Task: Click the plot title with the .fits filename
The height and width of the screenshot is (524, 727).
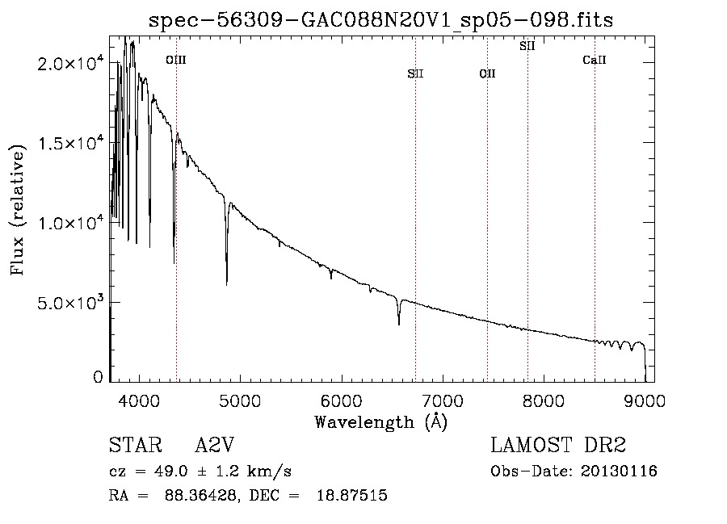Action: coord(381,20)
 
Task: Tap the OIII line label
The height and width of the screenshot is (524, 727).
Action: coord(175,60)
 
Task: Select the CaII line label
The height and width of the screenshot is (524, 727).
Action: coord(594,60)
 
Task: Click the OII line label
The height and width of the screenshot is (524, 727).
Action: coord(487,73)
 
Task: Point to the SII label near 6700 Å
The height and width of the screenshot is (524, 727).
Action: coord(415,73)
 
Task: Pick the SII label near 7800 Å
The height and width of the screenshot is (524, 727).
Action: coord(527,46)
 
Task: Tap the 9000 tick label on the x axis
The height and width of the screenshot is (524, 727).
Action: coord(645,400)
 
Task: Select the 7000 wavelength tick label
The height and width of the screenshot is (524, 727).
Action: coord(442,400)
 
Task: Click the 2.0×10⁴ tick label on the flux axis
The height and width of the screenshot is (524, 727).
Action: coord(71,64)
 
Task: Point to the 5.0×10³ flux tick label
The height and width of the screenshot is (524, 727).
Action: coord(71,303)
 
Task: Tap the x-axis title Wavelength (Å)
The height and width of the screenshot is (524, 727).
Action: coord(380,421)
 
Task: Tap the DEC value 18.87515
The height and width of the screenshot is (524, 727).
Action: coord(353,496)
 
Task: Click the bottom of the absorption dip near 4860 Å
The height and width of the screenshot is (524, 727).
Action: coord(226,283)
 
